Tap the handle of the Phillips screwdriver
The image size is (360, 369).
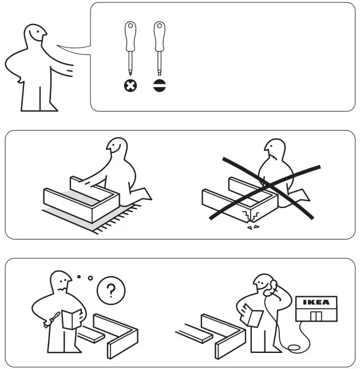130,35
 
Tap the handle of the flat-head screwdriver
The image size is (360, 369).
159,35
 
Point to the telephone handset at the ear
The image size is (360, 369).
274,285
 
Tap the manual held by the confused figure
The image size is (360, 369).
72,319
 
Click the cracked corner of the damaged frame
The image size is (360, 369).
250,215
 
